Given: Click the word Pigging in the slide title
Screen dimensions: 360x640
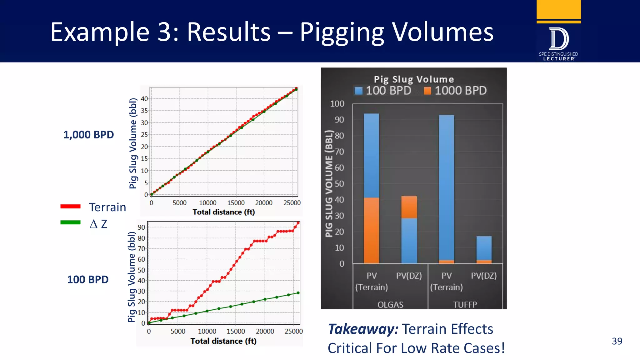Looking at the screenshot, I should tap(342, 32).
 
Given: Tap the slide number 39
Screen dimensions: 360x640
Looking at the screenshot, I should tap(617, 341).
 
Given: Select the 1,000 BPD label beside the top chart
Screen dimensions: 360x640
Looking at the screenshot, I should tap(88, 135).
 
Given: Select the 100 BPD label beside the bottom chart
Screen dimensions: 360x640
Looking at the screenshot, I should tap(88, 279).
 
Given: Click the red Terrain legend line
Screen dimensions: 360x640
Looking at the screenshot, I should tap(70, 206).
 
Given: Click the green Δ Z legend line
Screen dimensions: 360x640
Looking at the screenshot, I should tap(70, 222).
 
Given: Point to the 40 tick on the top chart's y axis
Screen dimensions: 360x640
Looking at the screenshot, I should tap(144, 99).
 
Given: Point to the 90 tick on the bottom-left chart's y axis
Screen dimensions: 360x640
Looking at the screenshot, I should tap(141, 227).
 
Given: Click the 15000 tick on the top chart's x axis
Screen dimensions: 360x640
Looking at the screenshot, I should tap(236, 203).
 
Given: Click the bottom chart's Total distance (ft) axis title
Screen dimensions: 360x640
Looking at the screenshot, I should tap(223, 341).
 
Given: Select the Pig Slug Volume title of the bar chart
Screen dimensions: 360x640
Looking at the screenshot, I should tap(414, 79).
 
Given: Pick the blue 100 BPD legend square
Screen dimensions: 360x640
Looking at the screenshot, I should tap(359, 91).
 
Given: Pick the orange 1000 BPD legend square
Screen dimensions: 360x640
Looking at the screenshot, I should tap(427, 91).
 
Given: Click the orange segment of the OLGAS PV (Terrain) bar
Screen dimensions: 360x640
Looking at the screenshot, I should tap(371, 230).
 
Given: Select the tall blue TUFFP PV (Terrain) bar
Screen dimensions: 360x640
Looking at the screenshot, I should tap(446, 187).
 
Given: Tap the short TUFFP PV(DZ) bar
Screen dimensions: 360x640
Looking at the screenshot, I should tap(484, 248).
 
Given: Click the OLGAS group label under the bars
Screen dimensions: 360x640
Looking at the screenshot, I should tap(390, 304).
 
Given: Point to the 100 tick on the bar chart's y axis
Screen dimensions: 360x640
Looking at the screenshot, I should tap(337, 104).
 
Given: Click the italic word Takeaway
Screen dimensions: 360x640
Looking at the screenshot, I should tap(363, 329).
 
